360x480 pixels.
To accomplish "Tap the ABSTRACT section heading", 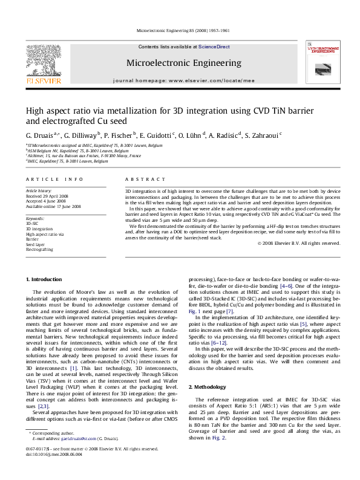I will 144,180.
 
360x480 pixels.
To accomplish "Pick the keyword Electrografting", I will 39,248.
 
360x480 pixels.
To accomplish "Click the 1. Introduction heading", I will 46,279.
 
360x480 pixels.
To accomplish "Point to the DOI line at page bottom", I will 54,470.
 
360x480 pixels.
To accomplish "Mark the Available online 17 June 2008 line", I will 53,206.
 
